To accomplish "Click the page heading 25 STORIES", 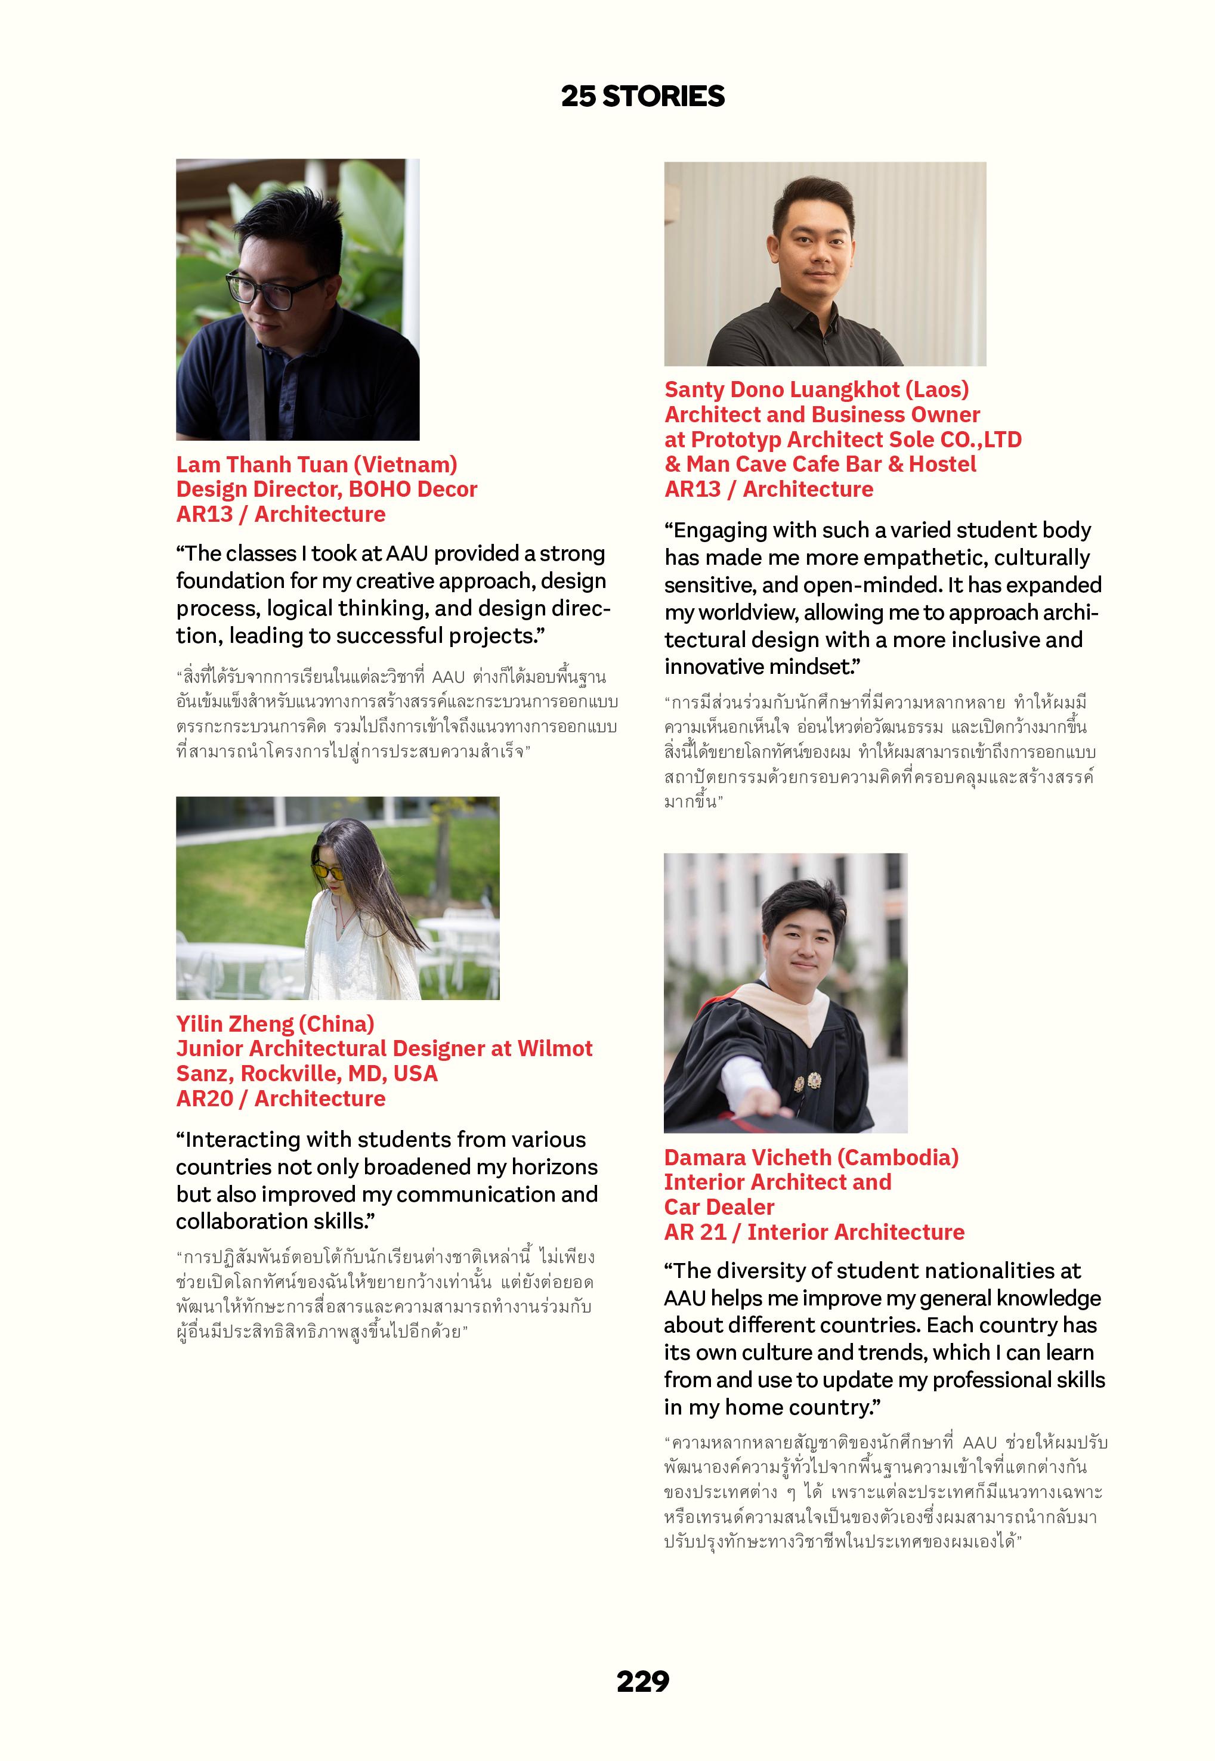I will pos(642,97).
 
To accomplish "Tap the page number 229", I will pos(642,1680).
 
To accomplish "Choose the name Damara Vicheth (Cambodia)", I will pos(811,1158).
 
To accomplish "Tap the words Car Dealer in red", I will pos(719,1207).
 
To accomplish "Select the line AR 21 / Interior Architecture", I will pos(814,1232).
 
